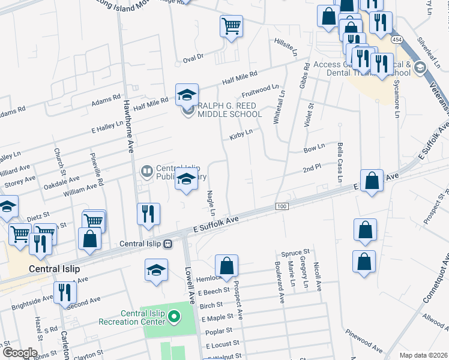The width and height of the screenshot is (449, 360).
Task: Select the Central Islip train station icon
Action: [x=168, y=244]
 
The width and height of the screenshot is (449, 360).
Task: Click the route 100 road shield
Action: [x=282, y=206]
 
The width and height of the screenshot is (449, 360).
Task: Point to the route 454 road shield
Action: [x=397, y=39]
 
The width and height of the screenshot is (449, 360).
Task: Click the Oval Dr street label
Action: [x=193, y=58]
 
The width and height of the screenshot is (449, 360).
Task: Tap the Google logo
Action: [x=20, y=353]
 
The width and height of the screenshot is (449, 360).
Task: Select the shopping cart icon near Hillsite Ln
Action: [x=231, y=26]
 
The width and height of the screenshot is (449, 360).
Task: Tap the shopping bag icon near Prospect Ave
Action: [x=226, y=265]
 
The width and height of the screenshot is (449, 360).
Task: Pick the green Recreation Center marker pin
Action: [x=173, y=316]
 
